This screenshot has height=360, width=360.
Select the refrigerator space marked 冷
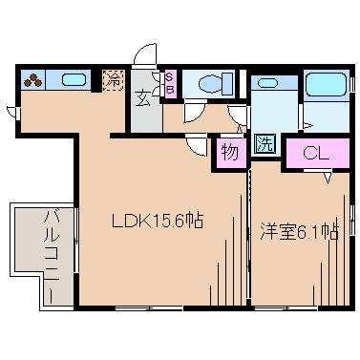pyautogui.click(x=113, y=80)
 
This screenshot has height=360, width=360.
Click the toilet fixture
pyautogui.click(x=209, y=83)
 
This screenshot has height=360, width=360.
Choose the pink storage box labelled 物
pyautogui.click(x=229, y=152)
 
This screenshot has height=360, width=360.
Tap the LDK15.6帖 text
pyautogui.click(x=159, y=221)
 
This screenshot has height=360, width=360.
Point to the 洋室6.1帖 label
pyautogui.click(x=299, y=230)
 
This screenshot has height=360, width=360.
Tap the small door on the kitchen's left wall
pyautogui.click(x=11, y=112)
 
